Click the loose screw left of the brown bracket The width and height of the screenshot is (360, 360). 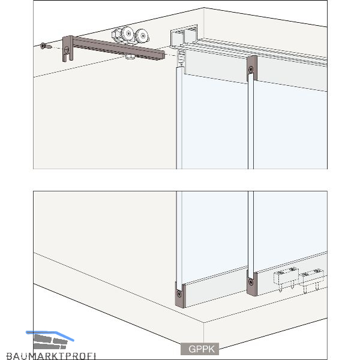tap(46, 46)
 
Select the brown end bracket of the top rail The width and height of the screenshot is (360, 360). tap(68, 49)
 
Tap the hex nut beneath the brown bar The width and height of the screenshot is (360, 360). tap(130, 57)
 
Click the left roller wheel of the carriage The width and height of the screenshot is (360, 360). tap(127, 34)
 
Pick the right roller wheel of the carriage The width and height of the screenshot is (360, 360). tap(143, 36)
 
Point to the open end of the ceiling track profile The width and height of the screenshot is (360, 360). tap(184, 36)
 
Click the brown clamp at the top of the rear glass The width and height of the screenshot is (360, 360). tap(252, 68)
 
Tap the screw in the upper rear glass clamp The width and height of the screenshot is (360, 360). tap(251, 69)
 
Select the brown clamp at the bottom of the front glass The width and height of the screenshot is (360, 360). tap(180, 295)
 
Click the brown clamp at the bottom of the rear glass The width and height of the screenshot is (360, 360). tap(252, 284)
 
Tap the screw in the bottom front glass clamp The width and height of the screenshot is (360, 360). tap(179, 293)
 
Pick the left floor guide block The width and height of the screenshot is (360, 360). tap(286, 278)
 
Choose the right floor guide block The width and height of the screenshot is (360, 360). tap(313, 280)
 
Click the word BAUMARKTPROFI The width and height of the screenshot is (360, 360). tap(51, 356)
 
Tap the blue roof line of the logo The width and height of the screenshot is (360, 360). tap(50, 334)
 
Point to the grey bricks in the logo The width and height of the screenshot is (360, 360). tap(50, 342)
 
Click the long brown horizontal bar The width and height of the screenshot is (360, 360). tap(118, 48)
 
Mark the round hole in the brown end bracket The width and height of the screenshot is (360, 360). tap(67, 49)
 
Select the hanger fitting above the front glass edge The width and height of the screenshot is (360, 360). tap(181, 59)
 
